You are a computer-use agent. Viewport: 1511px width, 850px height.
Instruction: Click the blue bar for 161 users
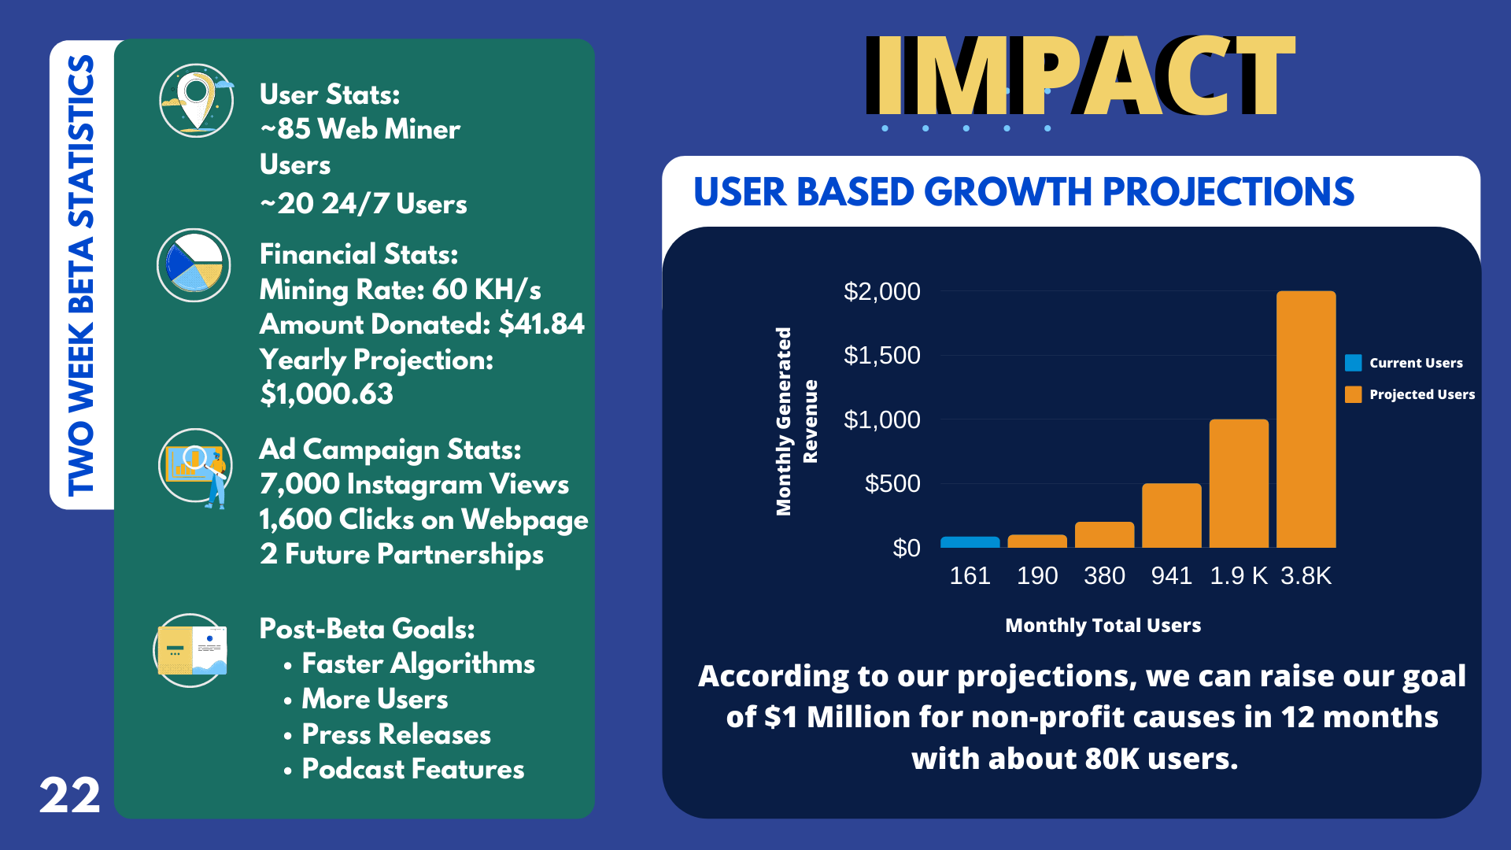tap(970, 542)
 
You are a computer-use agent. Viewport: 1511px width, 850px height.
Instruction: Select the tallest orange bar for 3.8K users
tap(1306, 419)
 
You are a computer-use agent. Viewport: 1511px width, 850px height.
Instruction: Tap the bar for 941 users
tap(1171, 516)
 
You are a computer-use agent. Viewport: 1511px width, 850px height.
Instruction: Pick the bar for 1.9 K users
tap(1239, 483)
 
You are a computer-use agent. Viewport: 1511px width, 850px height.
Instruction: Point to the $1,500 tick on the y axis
tap(881, 356)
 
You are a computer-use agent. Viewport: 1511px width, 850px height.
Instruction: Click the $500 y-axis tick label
tap(892, 484)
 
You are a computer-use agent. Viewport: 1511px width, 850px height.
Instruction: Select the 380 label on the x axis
tap(1104, 576)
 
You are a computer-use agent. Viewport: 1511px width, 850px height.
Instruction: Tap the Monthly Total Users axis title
tap(1103, 626)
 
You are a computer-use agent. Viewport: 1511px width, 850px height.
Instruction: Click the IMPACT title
tap(1080, 77)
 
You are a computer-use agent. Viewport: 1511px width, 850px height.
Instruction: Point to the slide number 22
tap(69, 796)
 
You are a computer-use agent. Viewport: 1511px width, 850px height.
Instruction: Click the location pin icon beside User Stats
tap(196, 101)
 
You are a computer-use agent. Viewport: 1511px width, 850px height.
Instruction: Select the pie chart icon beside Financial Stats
tap(194, 265)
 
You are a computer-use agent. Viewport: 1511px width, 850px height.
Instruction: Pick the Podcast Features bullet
tap(412, 770)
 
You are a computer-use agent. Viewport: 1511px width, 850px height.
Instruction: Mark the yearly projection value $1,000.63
tap(327, 394)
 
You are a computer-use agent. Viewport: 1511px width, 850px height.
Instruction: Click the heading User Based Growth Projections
tap(1023, 192)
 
